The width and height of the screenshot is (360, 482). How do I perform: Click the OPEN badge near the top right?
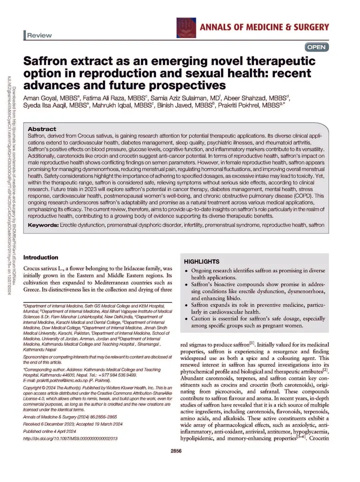tap(316, 47)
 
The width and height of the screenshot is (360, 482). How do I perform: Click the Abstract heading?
tap(42, 129)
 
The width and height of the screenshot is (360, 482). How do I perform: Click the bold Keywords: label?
tap(43, 225)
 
